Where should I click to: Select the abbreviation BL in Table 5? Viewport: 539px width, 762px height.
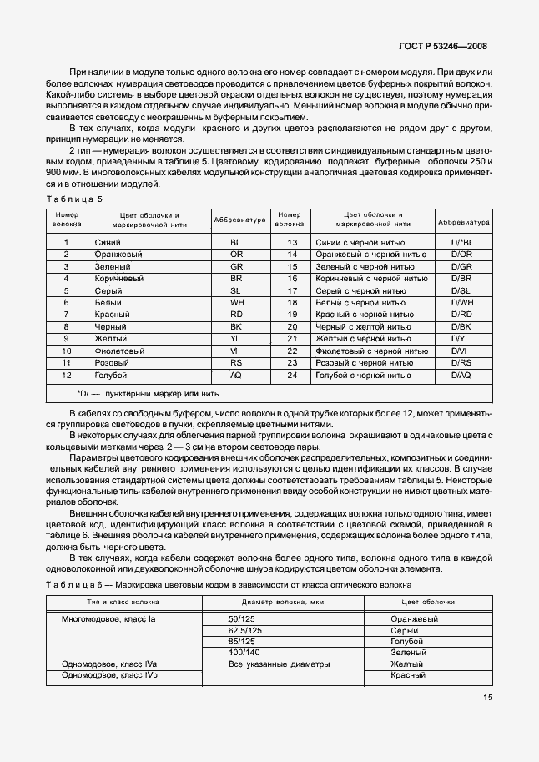pos(235,242)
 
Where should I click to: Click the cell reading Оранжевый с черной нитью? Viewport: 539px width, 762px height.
pos(364,254)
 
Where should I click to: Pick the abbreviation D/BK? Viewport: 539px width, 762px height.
pos(461,327)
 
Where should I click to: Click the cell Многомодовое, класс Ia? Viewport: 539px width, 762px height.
pos(109,619)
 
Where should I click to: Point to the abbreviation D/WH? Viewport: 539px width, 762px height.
pos(461,302)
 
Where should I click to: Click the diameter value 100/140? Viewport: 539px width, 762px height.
pos(245,652)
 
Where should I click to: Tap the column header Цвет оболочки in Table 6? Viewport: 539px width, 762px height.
pos(427,601)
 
